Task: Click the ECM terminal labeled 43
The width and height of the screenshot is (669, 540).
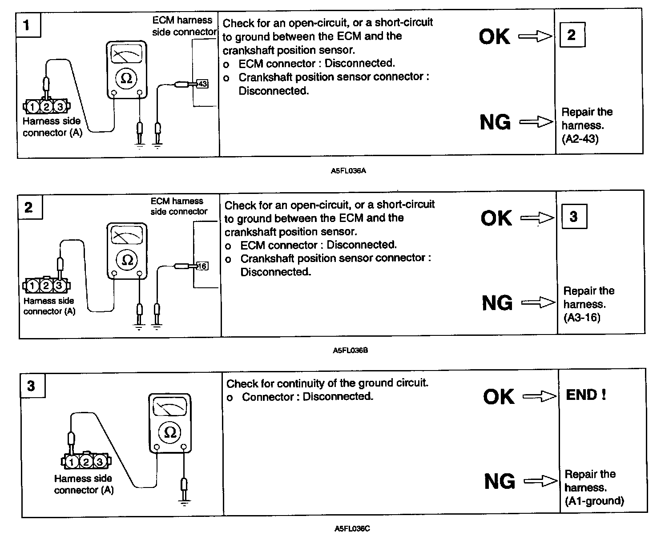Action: coord(202,84)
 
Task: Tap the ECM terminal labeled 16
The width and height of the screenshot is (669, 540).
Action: coord(202,266)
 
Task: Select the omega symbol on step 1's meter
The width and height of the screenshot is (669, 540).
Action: coord(126,79)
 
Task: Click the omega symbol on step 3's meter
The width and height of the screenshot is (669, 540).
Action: coord(170,432)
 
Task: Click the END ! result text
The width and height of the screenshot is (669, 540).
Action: coord(586,395)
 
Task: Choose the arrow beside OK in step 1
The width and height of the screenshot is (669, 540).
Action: coord(535,37)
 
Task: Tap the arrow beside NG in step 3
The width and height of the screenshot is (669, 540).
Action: coord(540,481)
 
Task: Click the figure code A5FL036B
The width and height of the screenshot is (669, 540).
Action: coord(350,351)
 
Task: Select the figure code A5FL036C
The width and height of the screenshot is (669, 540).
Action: coord(352,529)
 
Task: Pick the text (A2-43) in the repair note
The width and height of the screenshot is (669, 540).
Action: coord(580,139)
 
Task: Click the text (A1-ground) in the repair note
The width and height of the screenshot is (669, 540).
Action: coord(594,501)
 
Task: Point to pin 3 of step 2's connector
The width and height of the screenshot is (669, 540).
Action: coord(59,285)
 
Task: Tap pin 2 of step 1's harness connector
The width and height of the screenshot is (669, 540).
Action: coord(46,106)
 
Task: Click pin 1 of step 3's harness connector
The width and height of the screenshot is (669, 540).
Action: coord(72,462)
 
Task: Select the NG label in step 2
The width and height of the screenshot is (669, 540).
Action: coord(497,303)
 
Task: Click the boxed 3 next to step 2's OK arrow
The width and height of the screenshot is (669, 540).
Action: coord(573,217)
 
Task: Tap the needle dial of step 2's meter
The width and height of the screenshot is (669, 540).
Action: coord(127,236)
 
